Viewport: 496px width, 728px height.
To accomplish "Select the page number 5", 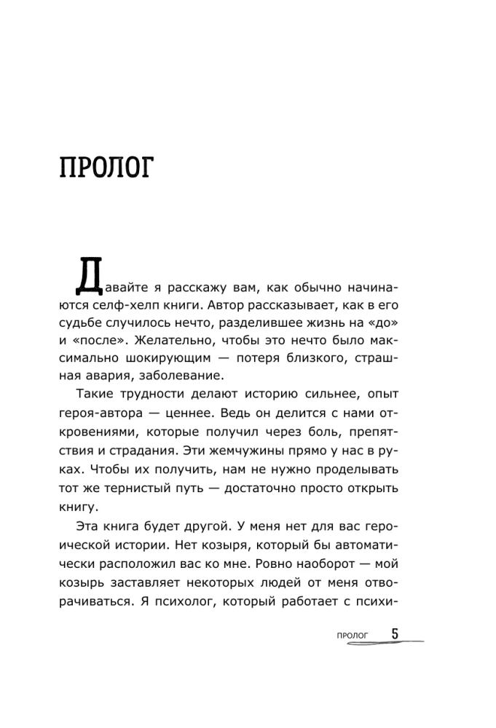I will pyautogui.click(x=395, y=634).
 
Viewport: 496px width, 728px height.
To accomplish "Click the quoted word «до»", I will pyautogui.click(x=396, y=320).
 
